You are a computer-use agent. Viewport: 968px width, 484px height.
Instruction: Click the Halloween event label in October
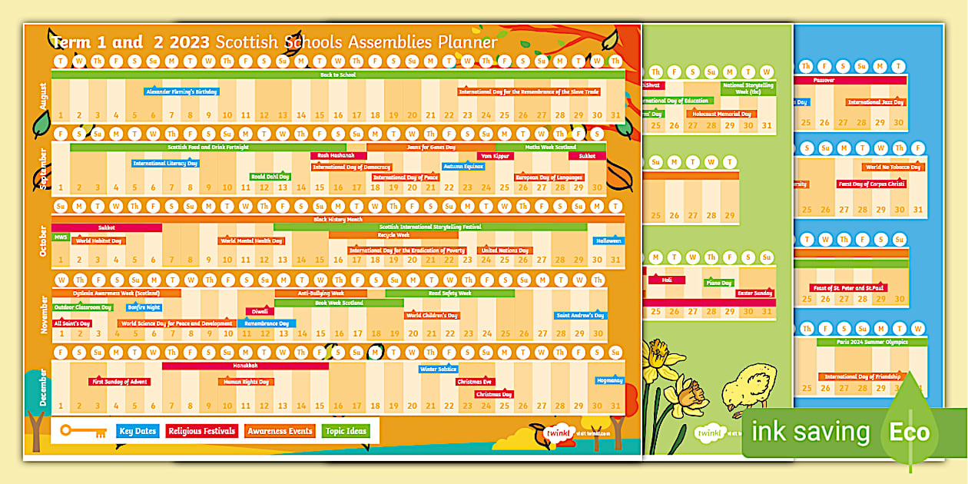point(608,240)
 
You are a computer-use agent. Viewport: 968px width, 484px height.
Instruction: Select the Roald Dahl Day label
point(270,177)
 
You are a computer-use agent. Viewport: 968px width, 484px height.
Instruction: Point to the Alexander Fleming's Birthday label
point(182,91)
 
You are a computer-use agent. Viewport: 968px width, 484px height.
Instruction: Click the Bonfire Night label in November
point(144,307)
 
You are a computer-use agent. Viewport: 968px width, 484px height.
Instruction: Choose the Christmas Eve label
point(475,382)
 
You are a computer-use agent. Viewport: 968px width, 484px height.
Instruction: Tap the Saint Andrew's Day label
point(580,316)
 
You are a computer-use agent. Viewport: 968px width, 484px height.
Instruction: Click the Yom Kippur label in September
point(496,156)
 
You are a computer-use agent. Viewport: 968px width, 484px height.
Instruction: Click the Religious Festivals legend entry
point(202,431)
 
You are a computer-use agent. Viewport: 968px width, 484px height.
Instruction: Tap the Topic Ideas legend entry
point(345,431)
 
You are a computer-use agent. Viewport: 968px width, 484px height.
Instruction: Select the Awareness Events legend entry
point(280,431)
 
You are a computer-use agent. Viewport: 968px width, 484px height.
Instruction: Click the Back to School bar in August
point(338,75)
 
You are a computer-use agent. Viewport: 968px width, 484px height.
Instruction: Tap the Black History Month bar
point(338,219)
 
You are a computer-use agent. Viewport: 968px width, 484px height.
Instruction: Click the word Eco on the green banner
point(910,433)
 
